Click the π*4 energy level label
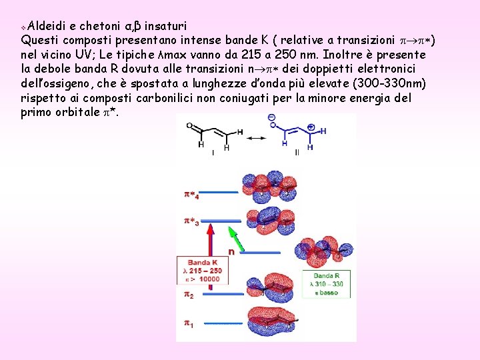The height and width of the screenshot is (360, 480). click(191, 195)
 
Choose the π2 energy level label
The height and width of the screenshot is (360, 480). click(189, 294)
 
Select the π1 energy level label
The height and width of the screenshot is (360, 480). click(189, 323)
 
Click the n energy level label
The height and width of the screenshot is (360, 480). click(231, 252)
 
